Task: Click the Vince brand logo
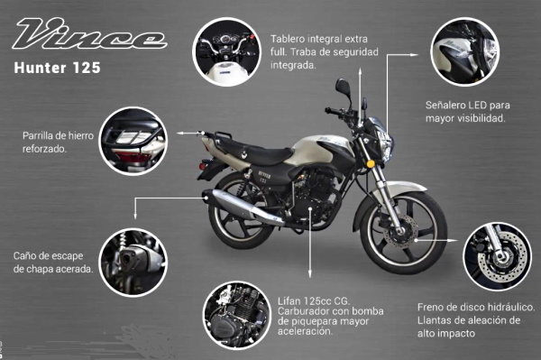click(89, 33)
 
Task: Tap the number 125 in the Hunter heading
click(87, 68)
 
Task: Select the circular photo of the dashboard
click(227, 51)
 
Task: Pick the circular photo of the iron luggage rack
click(133, 141)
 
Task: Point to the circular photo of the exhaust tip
click(133, 263)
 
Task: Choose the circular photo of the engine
click(237, 315)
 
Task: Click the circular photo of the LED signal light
click(464, 51)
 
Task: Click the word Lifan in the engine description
click(289, 301)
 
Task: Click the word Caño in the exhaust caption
click(26, 256)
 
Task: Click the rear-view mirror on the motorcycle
click(343, 86)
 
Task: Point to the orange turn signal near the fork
click(371, 163)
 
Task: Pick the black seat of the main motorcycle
click(262, 151)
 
